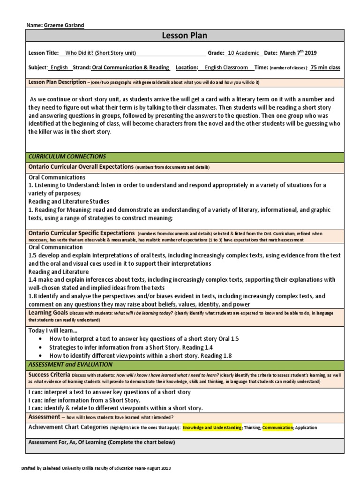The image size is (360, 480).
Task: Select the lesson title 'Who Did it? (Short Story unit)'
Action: [101, 53]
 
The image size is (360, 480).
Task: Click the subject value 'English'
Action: [59, 67]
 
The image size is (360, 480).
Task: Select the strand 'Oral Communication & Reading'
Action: [131, 67]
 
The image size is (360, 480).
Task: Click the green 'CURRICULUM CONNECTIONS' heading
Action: [67, 156]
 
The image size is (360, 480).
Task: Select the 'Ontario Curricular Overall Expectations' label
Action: [81, 166]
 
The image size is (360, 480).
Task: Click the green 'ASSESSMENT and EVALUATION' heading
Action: [70, 364]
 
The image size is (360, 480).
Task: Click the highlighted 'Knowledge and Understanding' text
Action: [212, 427]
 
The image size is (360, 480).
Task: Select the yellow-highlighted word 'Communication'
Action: [277, 427]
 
